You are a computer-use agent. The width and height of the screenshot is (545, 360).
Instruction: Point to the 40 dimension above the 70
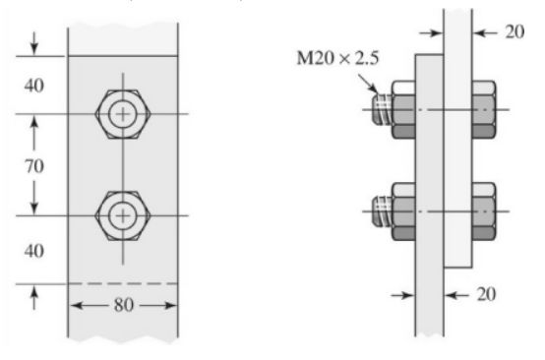[x=33, y=85]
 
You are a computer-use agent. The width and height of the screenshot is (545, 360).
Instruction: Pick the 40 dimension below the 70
[x=33, y=251]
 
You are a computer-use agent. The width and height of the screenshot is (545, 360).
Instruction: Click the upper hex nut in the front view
[x=122, y=115]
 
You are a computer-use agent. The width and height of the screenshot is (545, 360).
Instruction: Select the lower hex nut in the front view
[x=122, y=213]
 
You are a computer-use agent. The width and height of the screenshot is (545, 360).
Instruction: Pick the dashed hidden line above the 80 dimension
[x=123, y=284]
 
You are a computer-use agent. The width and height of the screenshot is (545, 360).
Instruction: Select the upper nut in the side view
[x=403, y=109]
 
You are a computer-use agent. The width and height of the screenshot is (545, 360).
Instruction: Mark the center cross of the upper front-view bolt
[x=122, y=115]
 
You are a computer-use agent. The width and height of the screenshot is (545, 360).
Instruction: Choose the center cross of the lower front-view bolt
[x=122, y=213]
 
